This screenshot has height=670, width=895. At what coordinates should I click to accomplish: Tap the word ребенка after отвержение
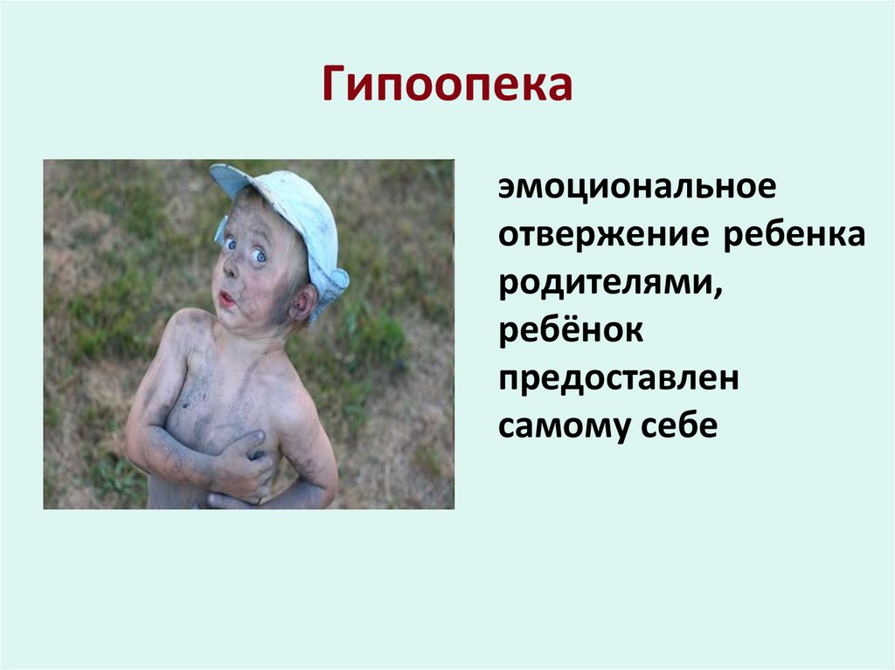point(794,237)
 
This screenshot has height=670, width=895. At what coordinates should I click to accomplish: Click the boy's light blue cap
point(297,210)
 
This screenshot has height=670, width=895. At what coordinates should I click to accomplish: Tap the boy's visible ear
point(302,302)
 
